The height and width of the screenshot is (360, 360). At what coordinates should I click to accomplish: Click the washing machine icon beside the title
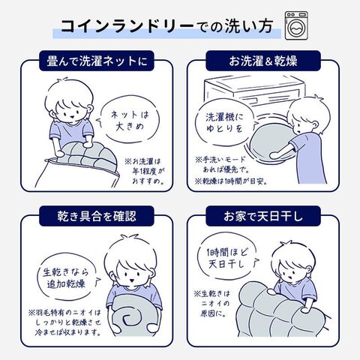[296, 25]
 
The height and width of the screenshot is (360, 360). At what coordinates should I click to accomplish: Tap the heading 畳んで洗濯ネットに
[97, 61]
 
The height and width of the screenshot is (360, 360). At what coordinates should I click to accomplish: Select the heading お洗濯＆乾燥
[263, 61]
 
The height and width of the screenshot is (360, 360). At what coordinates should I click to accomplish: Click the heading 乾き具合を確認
[97, 216]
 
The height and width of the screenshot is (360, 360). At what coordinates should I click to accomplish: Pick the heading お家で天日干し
[263, 216]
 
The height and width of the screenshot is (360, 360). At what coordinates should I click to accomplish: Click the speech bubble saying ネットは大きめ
[130, 121]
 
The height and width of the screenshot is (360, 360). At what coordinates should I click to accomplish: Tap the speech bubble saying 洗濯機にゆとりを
[225, 123]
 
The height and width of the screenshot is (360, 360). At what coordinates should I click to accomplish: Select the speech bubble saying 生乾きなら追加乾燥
[66, 277]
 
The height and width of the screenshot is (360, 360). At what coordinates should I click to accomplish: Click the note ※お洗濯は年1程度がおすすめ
[145, 171]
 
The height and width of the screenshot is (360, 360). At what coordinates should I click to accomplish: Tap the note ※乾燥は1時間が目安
[231, 181]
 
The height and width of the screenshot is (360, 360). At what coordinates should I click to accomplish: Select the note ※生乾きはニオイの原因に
[212, 304]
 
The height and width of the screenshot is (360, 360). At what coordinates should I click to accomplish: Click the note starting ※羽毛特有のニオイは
[65, 323]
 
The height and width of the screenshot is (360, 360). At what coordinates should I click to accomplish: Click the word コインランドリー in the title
[127, 26]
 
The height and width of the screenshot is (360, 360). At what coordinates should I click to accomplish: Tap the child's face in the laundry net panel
[70, 110]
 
